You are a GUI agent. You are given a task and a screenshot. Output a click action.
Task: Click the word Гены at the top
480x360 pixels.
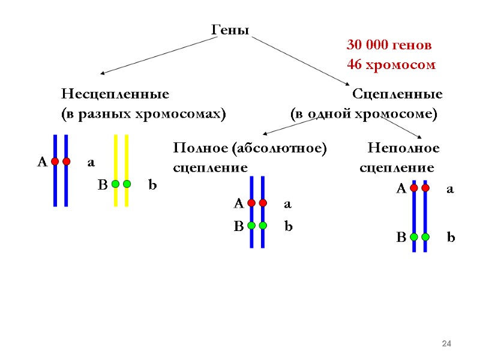pos(230,30)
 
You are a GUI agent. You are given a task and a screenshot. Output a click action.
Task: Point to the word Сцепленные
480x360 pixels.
pos(397,94)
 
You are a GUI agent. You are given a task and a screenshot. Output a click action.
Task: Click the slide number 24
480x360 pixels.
pos(446,343)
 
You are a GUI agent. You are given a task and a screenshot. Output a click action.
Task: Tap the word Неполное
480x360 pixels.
pos(403,148)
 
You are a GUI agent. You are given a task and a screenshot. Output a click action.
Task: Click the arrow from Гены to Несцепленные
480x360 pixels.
pos(156,55)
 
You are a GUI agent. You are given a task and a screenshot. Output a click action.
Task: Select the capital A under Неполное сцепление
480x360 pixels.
pos(401,189)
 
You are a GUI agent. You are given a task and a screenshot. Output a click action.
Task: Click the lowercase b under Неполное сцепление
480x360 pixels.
pos(451,238)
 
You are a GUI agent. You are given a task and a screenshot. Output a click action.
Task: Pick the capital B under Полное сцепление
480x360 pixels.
pos(238,227)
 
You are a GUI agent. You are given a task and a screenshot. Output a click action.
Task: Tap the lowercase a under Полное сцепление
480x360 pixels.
pos(287,204)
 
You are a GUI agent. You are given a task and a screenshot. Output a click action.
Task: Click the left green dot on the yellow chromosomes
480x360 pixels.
pos(115,184)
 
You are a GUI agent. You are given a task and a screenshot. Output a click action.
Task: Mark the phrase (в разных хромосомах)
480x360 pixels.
pos(143,113)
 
